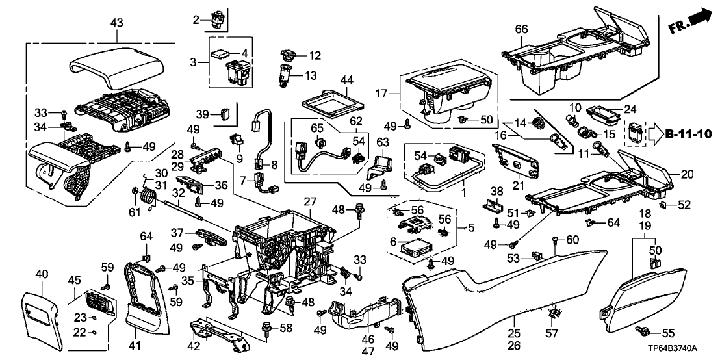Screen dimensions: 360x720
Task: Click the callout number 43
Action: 118,23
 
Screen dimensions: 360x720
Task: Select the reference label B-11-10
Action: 690,134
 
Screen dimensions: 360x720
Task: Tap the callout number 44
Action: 348,81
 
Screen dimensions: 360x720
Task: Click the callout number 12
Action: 315,56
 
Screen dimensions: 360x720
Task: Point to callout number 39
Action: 202,114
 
